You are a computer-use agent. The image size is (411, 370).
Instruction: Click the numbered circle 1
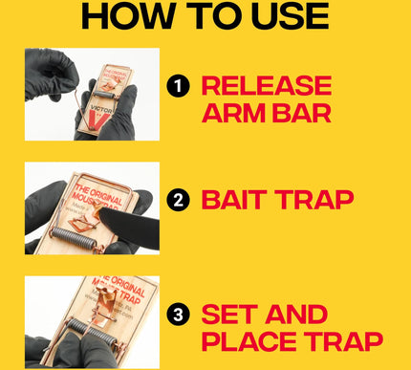[177, 87]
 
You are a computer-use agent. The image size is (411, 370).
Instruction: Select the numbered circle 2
[177, 202]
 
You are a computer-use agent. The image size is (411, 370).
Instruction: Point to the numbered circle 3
[177, 314]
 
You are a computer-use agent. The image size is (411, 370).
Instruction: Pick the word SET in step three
[230, 314]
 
